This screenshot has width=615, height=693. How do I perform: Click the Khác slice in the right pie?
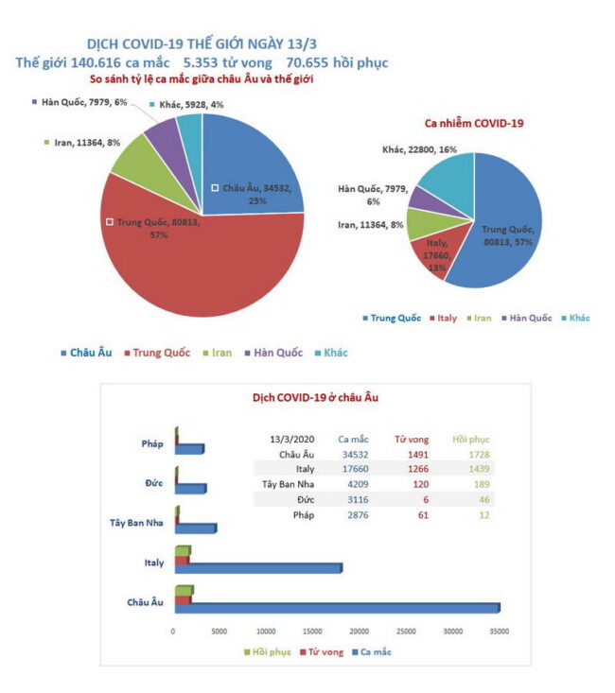pyautogui.click(x=445, y=180)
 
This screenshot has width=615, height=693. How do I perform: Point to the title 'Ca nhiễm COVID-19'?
pyautogui.click(x=474, y=123)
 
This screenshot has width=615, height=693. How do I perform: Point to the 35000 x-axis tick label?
pyautogui.click(x=500, y=631)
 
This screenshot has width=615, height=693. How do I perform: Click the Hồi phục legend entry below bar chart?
pyautogui.click(x=271, y=651)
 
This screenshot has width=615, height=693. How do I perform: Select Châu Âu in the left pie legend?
pyautogui.click(x=90, y=353)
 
